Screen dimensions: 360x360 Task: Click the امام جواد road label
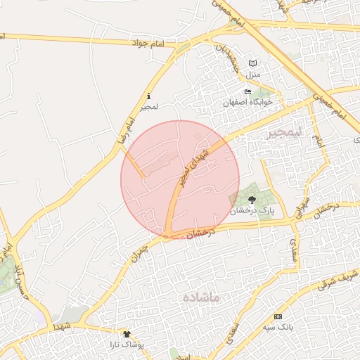146,44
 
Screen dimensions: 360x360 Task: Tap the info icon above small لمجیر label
148,96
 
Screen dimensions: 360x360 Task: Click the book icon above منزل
252,63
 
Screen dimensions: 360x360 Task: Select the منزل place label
253,74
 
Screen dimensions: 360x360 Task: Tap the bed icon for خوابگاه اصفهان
247,92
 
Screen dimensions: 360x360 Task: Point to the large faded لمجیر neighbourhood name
283,133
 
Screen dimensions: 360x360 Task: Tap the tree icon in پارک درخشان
252,200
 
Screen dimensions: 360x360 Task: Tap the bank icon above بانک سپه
278,317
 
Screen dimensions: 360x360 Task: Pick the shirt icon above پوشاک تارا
127,335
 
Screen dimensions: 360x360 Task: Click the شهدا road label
62,326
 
